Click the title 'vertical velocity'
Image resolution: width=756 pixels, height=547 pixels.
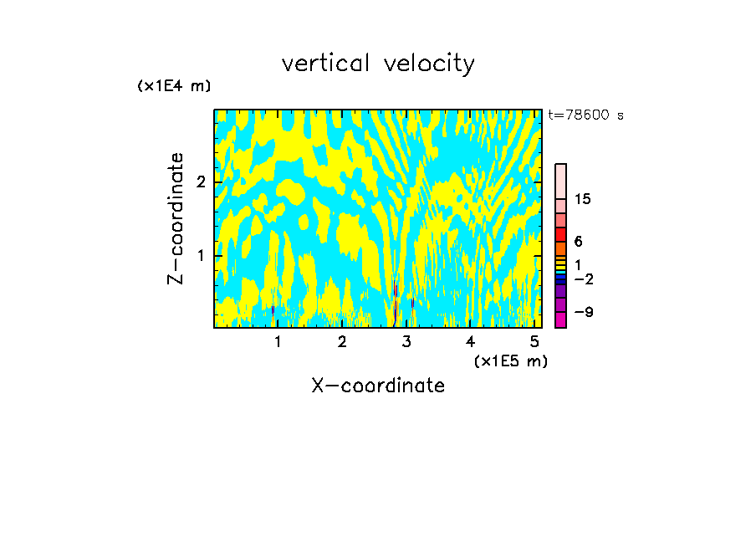[378, 64]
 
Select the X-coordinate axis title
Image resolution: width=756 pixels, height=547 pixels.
[378, 386]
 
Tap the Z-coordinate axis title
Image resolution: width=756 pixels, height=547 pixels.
[176, 218]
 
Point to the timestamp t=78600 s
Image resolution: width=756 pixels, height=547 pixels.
[586, 115]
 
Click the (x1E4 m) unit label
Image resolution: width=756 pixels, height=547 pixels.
[174, 85]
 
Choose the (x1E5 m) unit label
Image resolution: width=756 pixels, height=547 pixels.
[511, 360]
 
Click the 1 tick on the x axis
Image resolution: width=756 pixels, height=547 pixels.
[278, 341]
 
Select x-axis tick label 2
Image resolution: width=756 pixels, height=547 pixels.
[342, 341]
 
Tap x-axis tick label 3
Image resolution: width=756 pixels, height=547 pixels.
[406, 341]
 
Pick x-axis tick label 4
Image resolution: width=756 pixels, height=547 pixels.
[471, 341]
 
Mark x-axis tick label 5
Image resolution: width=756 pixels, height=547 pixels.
[534, 341]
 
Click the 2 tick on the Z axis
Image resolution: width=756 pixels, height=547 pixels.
[201, 181]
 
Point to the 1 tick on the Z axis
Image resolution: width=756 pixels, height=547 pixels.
[201, 254]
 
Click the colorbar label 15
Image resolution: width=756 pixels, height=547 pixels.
[583, 199]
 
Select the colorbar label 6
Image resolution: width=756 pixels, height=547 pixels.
[578, 241]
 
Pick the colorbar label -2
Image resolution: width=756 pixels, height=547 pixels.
[583, 278]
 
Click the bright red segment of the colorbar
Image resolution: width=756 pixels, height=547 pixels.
[560, 234]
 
